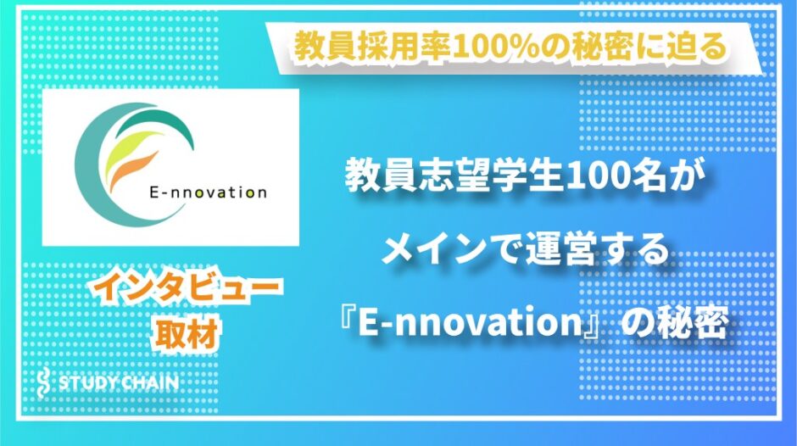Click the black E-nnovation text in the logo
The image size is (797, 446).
208,192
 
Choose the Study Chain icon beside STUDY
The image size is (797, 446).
45,382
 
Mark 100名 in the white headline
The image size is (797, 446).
611,177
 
